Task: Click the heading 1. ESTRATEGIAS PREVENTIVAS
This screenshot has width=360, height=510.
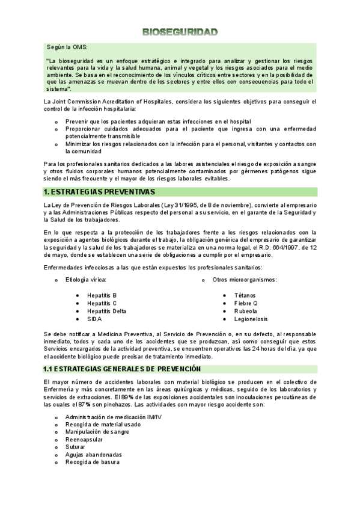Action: (x=100, y=192)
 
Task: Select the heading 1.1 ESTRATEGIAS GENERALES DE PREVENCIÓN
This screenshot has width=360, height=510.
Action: (x=122, y=369)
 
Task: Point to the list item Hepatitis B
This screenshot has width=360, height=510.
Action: (x=102, y=295)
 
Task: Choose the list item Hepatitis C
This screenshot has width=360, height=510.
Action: (x=102, y=303)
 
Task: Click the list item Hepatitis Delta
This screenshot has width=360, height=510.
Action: (x=106, y=311)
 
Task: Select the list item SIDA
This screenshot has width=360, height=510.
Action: (x=94, y=319)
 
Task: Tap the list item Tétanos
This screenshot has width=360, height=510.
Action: (x=245, y=295)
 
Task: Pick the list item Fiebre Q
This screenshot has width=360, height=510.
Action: (x=246, y=303)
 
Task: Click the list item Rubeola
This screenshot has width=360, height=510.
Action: (x=245, y=311)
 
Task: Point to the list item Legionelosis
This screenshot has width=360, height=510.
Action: (x=251, y=319)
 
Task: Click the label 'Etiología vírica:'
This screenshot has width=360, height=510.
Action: (x=86, y=280)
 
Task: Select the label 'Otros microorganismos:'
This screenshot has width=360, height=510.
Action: (x=244, y=280)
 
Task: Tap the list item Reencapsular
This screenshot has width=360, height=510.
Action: (x=85, y=440)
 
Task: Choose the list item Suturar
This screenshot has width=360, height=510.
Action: (x=76, y=447)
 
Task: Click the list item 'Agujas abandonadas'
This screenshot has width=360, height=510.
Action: (x=93, y=455)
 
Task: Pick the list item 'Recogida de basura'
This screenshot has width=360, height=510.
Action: (x=92, y=462)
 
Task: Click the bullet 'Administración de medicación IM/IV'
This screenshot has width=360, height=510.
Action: (x=113, y=416)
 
